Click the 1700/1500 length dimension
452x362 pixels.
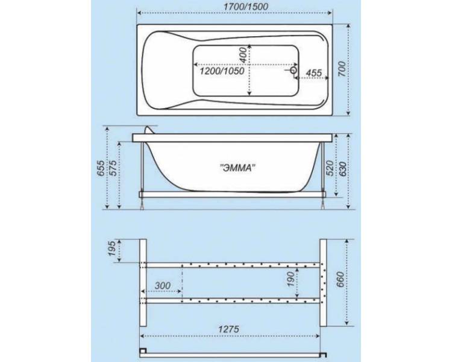click(x=246, y=7)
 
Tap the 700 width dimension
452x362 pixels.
click(x=341, y=69)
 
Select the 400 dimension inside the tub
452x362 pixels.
click(x=243, y=55)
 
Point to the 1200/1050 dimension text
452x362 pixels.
click(x=222, y=71)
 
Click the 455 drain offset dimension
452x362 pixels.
click(x=313, y=73)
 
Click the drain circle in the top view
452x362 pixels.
click(x=293, y=70)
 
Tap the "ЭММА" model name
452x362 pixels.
click(x=237, y=168)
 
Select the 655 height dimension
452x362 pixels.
click(x=101, y=168)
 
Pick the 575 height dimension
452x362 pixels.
click(x=113, y=168)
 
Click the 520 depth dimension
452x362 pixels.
click(x=330, y=168)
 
